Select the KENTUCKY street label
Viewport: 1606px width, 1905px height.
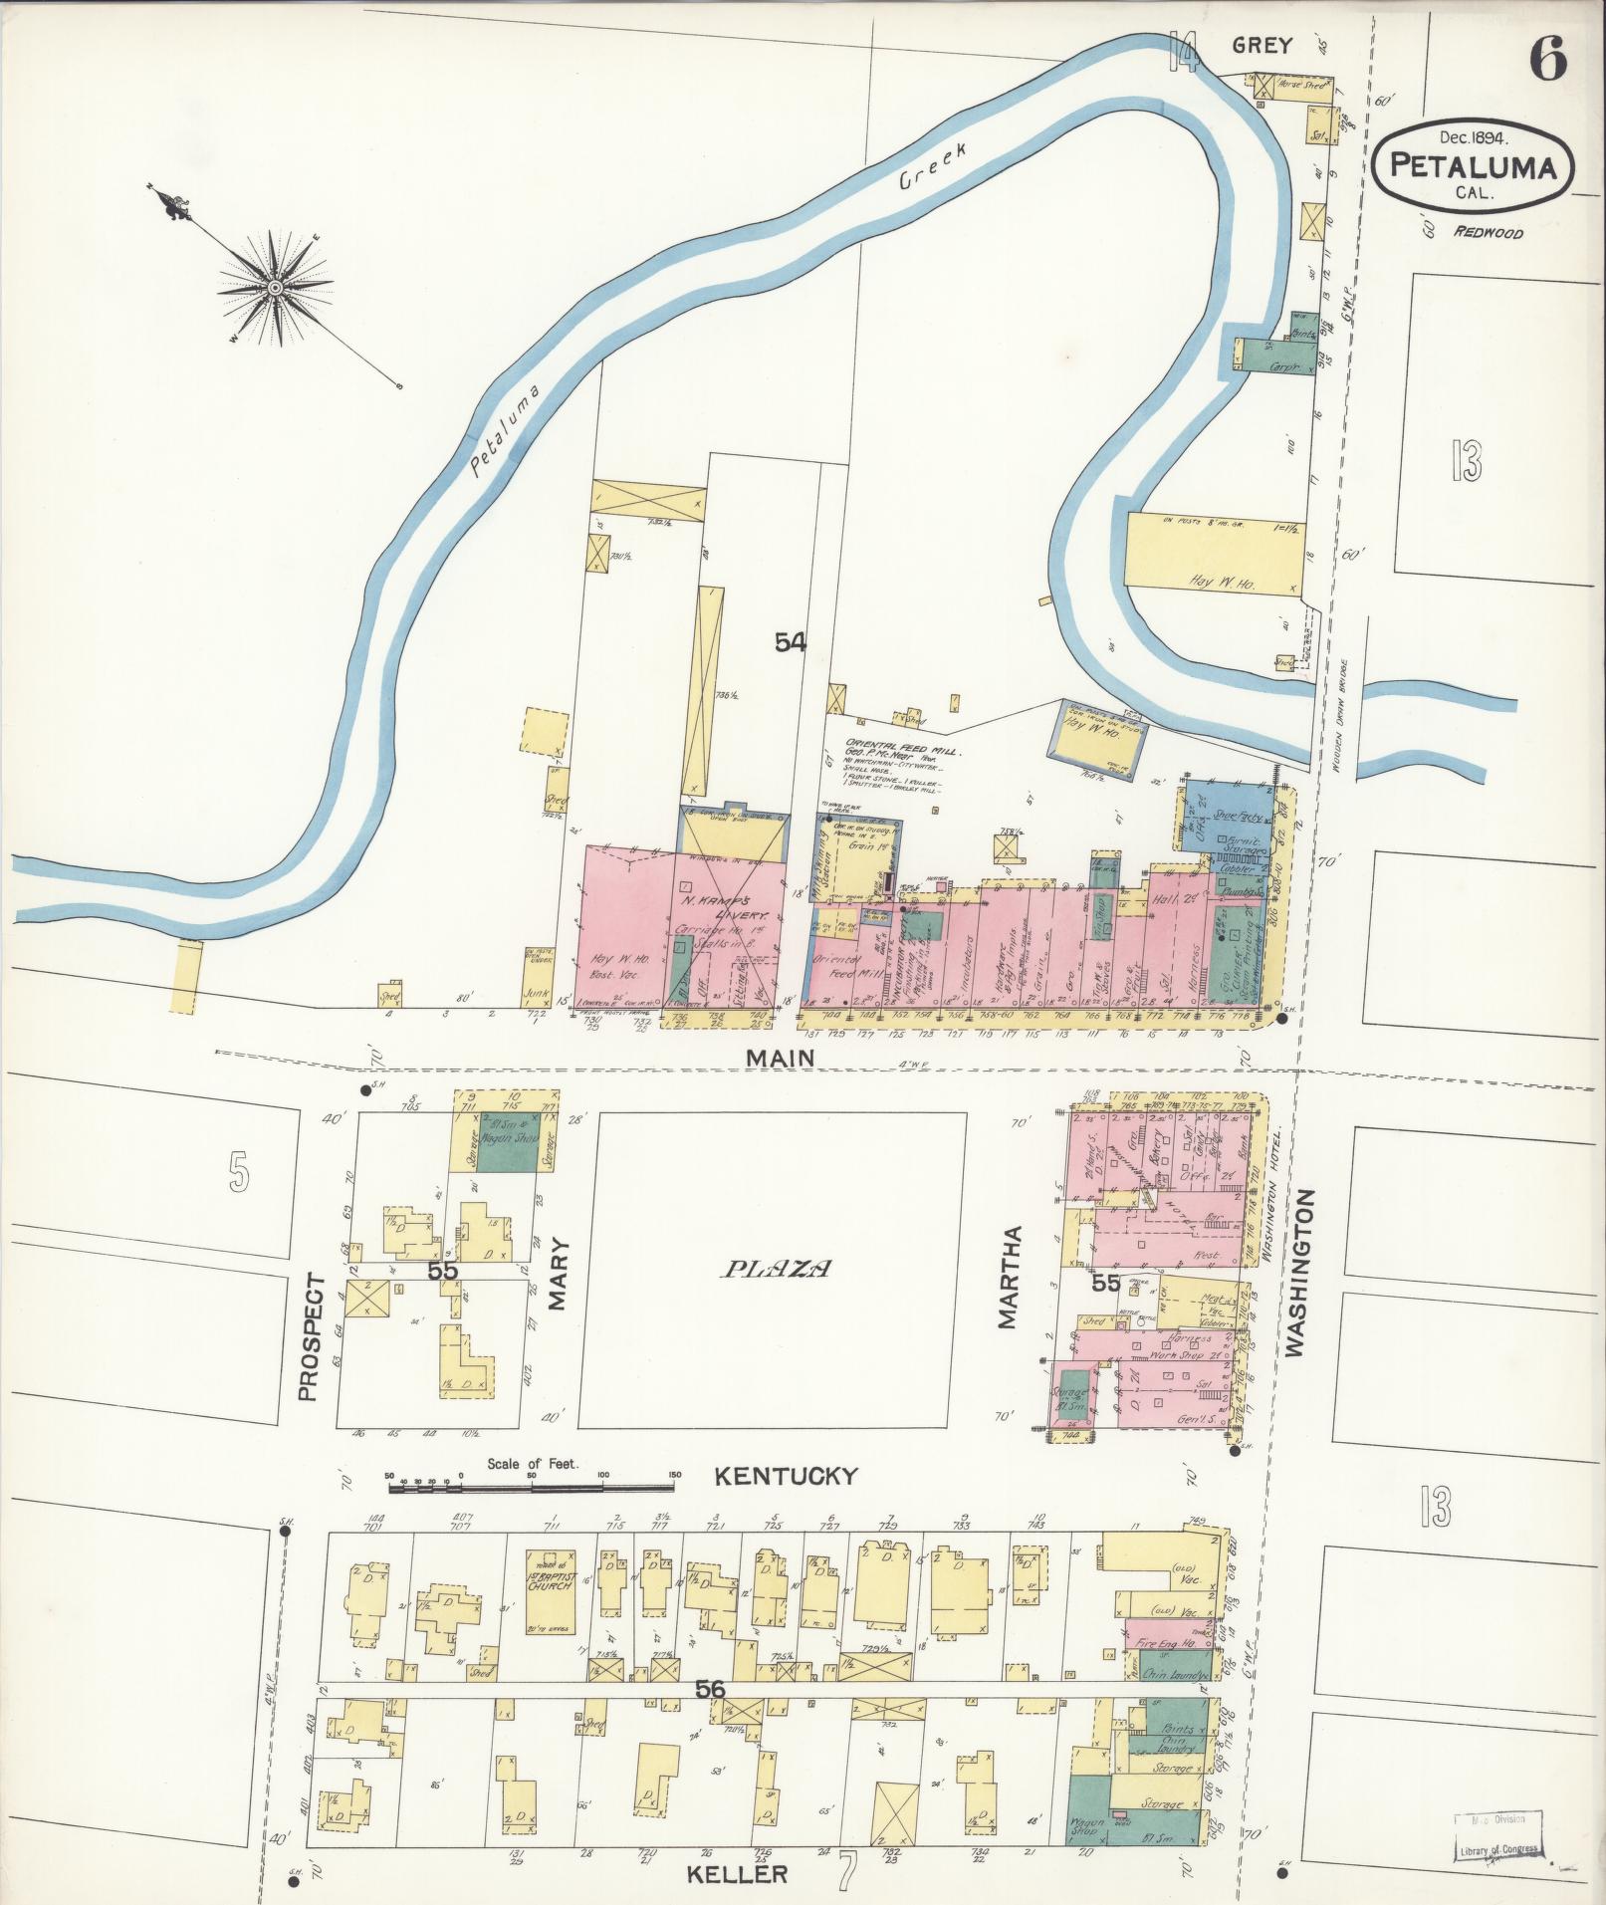(787, 1476)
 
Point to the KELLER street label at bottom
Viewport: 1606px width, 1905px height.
(737, 1874)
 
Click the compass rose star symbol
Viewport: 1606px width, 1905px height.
(274, 288)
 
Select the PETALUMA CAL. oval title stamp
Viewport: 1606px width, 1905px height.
(1472, 166)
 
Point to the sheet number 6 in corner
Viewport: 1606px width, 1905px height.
(1548, 58)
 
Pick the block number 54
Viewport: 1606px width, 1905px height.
(791, 643)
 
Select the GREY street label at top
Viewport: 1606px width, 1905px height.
(1262, 45)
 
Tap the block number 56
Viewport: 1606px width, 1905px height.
(711, 1691)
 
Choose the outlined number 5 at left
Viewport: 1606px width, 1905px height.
(237, 1171)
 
